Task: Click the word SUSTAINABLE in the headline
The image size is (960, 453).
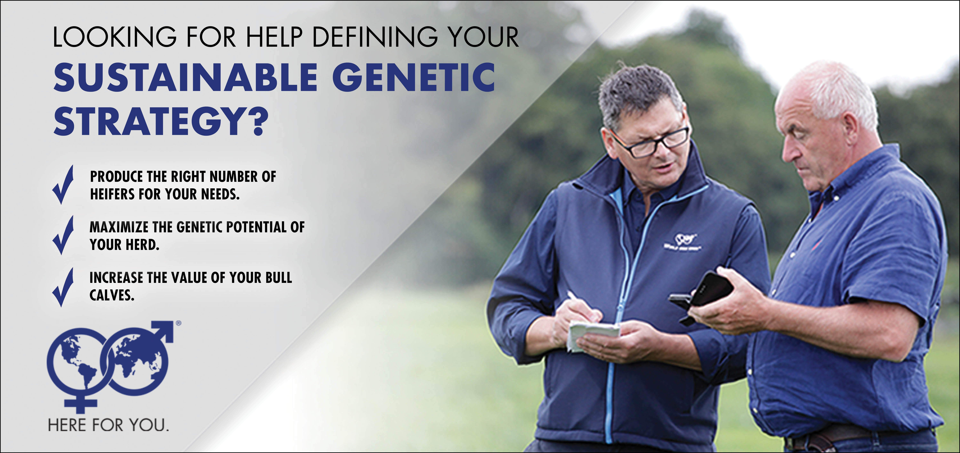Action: coord(185,78)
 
